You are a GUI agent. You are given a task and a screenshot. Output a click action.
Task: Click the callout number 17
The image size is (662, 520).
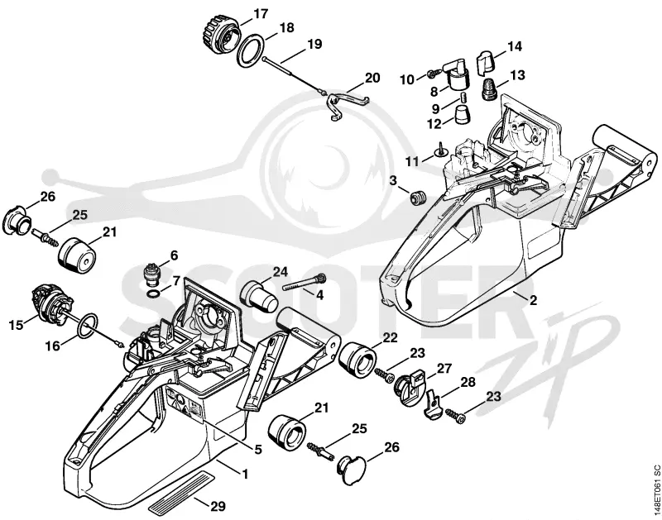click(x=261, y=14)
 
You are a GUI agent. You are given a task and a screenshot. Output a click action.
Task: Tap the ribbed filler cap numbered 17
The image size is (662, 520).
click(x=219, y=35)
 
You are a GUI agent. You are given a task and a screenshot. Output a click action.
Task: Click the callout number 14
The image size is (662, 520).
click(x=515, y=46)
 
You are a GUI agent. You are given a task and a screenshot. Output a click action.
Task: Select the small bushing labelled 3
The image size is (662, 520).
click(x=418, y=198)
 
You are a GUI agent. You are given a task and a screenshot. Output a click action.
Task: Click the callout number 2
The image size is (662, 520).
click(x=533, y=300)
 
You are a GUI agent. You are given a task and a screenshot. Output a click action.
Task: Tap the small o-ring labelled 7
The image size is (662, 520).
click(x=154, y=293)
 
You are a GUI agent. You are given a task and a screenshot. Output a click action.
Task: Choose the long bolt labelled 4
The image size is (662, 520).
click(x=304, y=281)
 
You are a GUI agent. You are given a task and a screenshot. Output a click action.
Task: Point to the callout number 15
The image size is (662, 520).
click(x=16, y=325)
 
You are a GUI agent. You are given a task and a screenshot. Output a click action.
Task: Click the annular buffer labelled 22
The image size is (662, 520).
click(x=357, y=360)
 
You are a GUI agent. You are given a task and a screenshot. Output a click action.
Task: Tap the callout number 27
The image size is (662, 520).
click(x=444, y=369)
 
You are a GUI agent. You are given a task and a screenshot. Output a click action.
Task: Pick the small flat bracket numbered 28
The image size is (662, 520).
click(x=432, y=405)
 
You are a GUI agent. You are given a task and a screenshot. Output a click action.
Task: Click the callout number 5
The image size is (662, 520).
click(x=258, y=450)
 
